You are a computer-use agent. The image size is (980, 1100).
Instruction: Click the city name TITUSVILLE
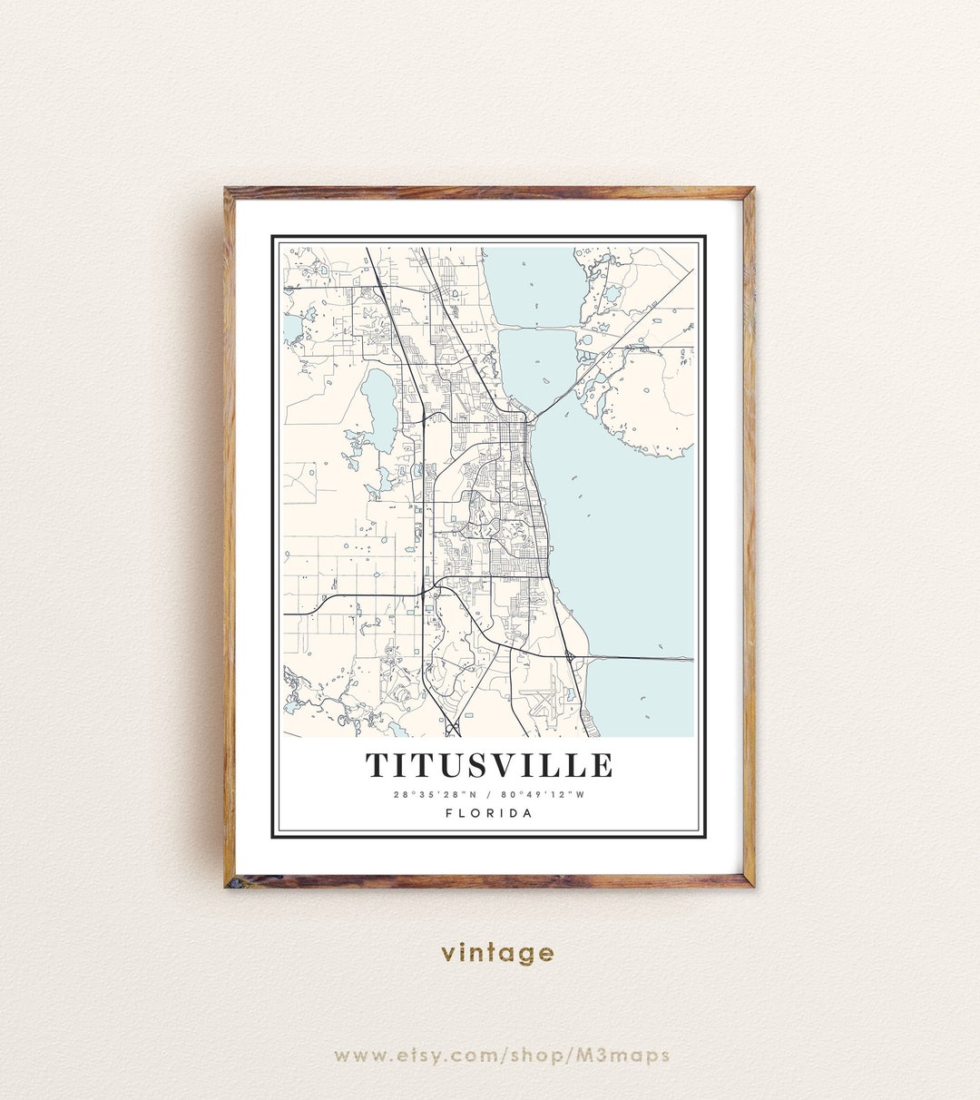489,765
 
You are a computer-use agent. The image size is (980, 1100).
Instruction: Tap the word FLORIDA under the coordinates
489,813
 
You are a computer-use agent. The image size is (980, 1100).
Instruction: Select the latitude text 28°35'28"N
430,795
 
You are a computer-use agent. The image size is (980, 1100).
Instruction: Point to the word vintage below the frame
497,952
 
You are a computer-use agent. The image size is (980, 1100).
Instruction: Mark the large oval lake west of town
378,398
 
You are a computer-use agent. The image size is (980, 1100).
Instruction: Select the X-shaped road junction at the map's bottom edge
453,728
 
